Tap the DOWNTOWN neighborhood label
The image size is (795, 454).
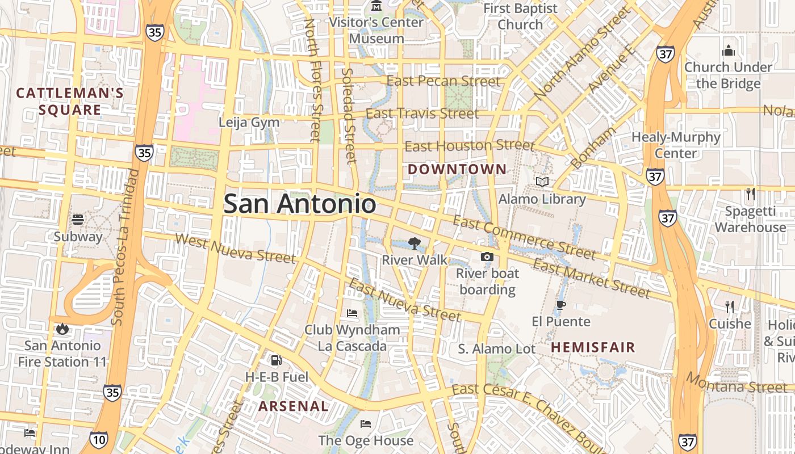457,169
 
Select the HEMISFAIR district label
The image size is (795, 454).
593,347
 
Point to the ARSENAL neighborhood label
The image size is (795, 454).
293,406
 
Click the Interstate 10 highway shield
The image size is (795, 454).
98,439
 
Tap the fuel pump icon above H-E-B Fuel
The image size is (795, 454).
276,360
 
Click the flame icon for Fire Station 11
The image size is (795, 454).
62,329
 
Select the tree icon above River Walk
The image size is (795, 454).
414,243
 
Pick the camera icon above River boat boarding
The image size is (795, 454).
487,257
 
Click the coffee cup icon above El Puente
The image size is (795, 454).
560,305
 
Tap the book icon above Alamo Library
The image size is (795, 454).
542,182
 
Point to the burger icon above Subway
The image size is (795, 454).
78,220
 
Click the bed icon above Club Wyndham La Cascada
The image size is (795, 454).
352,313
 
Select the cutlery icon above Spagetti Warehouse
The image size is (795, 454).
750,194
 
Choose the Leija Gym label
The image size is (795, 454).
249,122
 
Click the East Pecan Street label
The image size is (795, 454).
443,81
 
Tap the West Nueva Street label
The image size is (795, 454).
235,249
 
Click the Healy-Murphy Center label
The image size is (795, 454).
676,145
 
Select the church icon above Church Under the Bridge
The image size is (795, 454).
729,51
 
